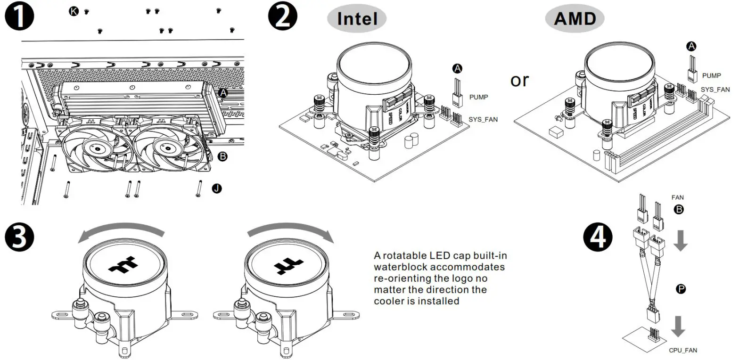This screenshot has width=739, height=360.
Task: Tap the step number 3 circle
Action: click(19, 237)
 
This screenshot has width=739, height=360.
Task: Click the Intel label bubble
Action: click(357, 19)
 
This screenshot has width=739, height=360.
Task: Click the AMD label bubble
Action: click(575, 19)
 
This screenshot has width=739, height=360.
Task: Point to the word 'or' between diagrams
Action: click(520, 80)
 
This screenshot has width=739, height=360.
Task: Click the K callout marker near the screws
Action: click(74, 11)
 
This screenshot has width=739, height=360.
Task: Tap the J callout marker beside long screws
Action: click(216, 188)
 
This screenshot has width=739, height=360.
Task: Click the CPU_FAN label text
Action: click(683, 350)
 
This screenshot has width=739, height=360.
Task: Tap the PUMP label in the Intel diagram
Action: click(478, 97)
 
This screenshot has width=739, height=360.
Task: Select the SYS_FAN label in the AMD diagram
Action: click(715, 90)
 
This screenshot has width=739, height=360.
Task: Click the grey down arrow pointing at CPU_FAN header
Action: click(678, 327)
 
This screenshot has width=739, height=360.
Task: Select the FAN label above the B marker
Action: click(677, 197)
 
